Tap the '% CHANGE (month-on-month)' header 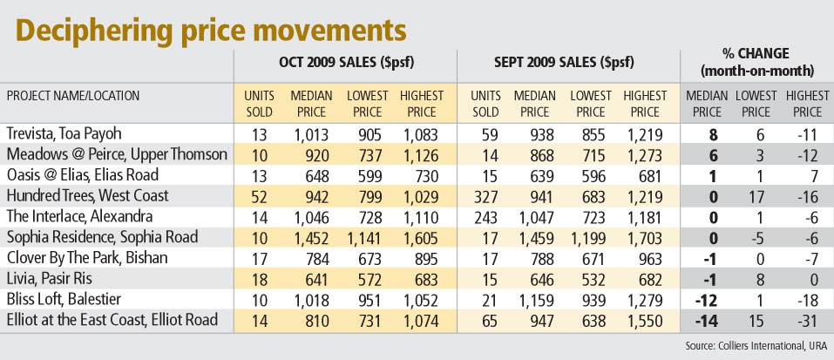756,63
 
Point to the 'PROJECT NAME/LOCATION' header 73,96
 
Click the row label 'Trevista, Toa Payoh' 64,133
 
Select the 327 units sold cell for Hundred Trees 484,195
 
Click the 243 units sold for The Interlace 484,215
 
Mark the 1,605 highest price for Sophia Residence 415,236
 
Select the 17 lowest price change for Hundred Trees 754,195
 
